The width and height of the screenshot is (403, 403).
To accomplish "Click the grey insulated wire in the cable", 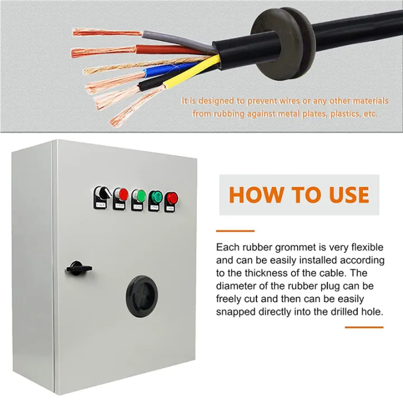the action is [177, 40].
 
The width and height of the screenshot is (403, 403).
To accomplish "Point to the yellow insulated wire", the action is [191, 72].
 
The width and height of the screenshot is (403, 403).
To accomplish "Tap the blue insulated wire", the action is [170, 69].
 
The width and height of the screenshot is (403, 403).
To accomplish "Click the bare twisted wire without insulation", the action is [144, 65].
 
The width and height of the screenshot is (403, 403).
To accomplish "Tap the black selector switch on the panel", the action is [101, 196].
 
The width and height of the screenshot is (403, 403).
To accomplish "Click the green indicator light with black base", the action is [155, 201].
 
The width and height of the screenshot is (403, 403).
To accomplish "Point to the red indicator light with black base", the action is [171, 201].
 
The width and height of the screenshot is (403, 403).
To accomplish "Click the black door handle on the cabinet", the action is [78, 268].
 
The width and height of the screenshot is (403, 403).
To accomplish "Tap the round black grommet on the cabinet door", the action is [142, 296].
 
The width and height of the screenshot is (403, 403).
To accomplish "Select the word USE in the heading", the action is [349, 195].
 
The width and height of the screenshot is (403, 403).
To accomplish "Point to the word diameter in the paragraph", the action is [235, 286].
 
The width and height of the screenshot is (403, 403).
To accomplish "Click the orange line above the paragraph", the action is [235, 231].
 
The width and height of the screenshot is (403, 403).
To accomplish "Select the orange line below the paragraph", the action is [364, 327].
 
